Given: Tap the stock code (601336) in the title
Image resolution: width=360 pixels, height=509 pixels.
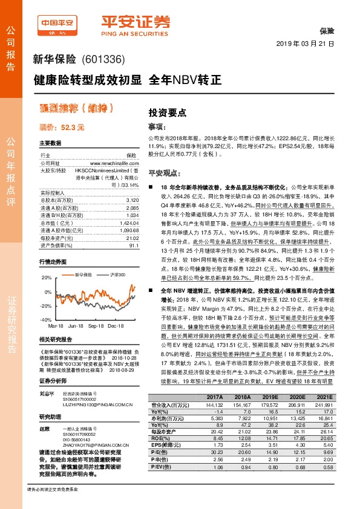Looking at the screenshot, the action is tap(103, 60).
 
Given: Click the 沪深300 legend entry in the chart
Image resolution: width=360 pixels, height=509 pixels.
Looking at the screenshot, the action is tap(116, 274).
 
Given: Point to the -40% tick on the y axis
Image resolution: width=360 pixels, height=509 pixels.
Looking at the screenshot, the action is tap(45, 319).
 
